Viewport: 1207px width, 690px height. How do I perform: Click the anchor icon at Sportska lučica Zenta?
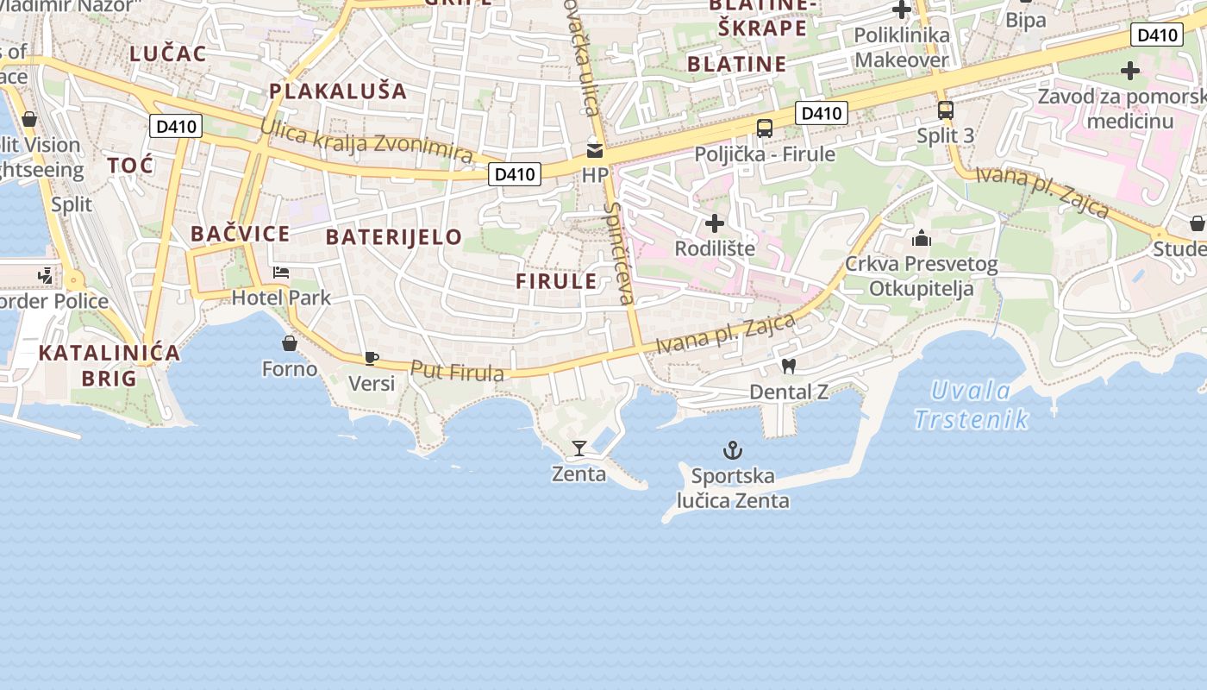click(x=732, y=450)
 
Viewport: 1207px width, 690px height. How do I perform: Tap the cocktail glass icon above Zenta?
click(x=579, y=448)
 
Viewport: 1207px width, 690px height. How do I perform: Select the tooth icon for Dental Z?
click(x=788, y=367)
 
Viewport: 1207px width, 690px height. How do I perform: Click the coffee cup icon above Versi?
click(x=372, y=358)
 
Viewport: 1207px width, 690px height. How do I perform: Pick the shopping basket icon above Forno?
click(x=290, y=343)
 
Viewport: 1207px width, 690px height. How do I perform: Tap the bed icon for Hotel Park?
click(x=281, y=273)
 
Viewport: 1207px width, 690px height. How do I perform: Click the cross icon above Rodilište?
click(x=715, y=223)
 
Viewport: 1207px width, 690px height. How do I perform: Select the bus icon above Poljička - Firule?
click(x=765, y=129)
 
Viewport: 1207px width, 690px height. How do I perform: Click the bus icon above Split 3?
click(x=946, y=110)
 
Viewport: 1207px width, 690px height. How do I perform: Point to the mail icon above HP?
click(x=595, y=150)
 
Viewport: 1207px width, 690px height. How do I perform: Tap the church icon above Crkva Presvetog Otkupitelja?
click(x=922, y=238)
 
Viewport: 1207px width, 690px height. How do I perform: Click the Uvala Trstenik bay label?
click(x=972, y=405)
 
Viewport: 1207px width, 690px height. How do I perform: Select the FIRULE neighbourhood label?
click(x=557, y=281)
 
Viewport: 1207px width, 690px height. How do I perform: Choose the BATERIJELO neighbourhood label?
click(x=394, y=237)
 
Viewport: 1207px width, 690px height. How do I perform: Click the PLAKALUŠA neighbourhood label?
click(x=337, y=91)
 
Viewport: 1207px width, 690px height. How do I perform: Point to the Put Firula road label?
click(x=457, y=372)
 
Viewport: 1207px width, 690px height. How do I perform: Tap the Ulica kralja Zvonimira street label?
click(x=367, y=141)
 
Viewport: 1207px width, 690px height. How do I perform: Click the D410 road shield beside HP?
click(x=515, y=174)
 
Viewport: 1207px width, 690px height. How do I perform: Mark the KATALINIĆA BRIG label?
click(x=109, y=365)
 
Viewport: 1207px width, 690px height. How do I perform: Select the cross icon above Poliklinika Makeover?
click(x=902, y=10)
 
